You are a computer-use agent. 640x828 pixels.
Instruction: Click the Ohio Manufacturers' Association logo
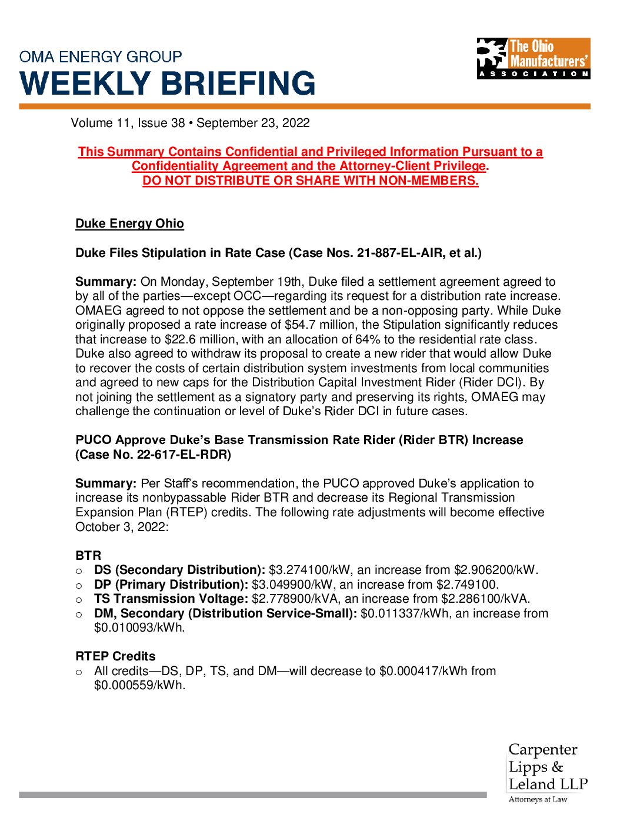pyautogui.click(x=533, y=58)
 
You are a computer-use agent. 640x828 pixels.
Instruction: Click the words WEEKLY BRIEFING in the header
pyautogui.click(x=168, y=83)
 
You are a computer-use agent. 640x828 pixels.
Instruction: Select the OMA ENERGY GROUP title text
pyautogui.click(x=101, y=57)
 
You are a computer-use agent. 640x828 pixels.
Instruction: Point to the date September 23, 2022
pyautogui.click(x=253, y=123)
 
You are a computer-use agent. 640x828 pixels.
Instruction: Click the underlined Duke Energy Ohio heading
pyautogui.click(x=129, y=223)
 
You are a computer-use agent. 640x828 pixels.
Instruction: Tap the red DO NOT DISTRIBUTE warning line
pyautogui.click(x=310, y=181)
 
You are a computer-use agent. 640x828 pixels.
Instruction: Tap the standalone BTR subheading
pyautogui.click(x=88, y=556)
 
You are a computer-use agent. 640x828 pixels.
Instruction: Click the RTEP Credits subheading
pyautogui.click(x=115, y=656)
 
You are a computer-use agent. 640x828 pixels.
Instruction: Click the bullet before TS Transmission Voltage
pyautogui.click(x=79, y=600)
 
